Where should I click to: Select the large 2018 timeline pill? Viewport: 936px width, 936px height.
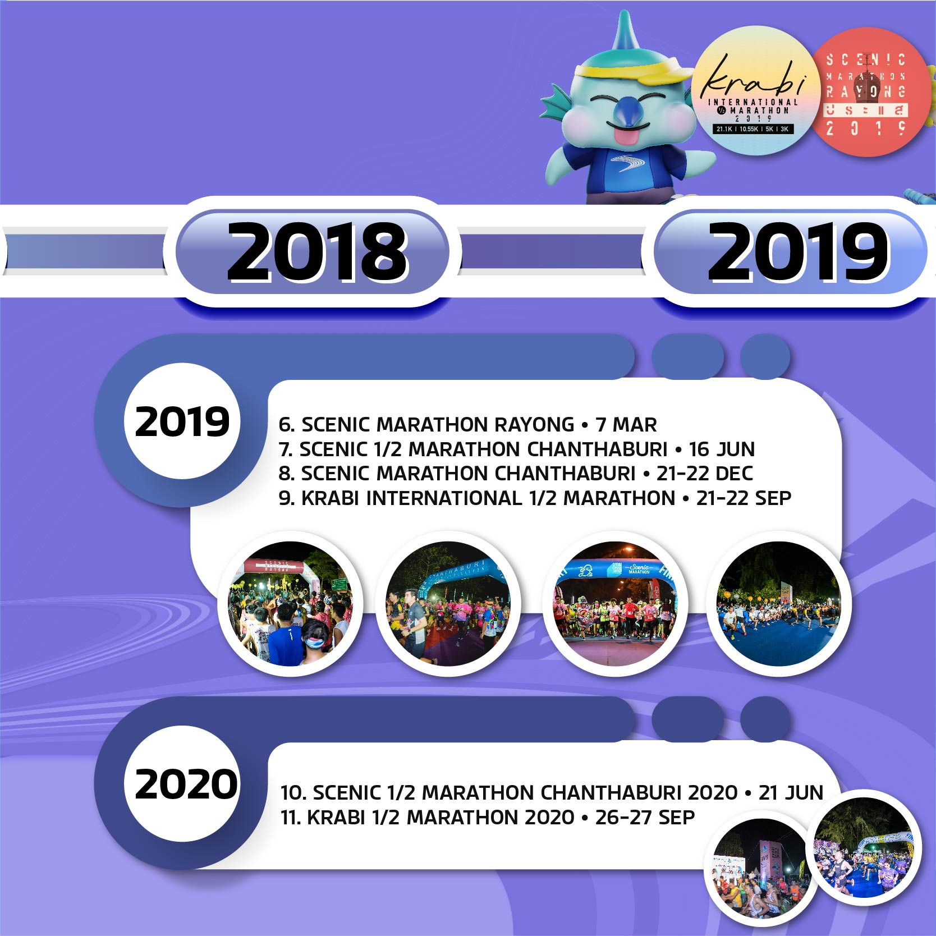coord(317,251)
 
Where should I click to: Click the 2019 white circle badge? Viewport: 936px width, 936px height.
coord(182,421)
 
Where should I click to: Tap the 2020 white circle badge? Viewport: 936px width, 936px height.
coord(185,784)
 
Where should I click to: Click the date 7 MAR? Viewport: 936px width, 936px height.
coord(626,425)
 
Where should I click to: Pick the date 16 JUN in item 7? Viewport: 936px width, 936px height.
coord(722,449)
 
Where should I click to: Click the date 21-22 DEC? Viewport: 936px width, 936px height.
coord(705,474)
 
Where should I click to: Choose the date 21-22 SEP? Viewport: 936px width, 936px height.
coord(744,498)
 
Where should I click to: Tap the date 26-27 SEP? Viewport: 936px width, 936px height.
coord(645,818)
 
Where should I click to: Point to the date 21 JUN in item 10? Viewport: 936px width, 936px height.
coord(791,793)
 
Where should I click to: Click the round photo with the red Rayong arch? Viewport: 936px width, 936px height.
coord(290,603)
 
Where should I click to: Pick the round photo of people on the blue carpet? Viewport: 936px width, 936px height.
coord(779,603)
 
